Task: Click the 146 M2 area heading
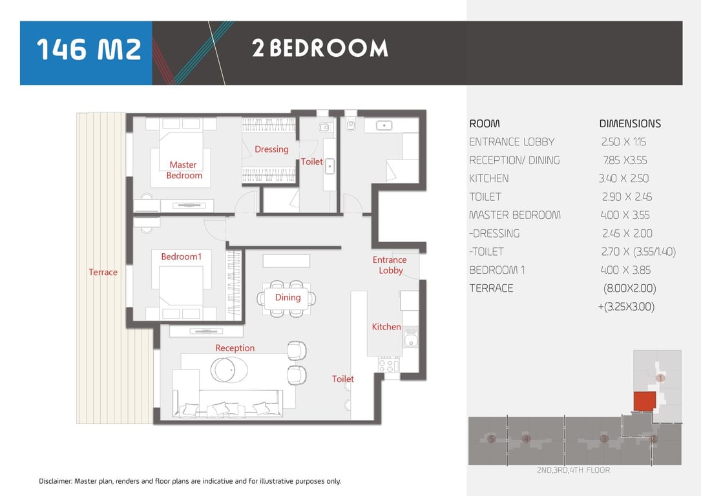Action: click(89, 49)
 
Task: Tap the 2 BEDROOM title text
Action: click(320, 48)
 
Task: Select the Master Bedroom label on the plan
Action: click(183, 170)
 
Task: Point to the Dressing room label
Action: click(271, 149)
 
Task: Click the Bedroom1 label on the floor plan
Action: click(181, 256)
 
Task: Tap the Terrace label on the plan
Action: click(103, 272)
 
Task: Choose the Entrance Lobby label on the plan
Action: click(390, 265)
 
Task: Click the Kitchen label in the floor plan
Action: click(386, 327)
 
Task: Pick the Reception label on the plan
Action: click(235, 348)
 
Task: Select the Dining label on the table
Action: click(288, 298)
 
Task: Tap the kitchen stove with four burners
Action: click(389, 364)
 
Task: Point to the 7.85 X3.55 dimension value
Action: click(625, 160)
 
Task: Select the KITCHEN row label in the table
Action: click(488, 178)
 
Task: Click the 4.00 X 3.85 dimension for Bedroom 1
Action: click(625, 270)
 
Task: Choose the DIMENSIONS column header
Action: click(630, 123)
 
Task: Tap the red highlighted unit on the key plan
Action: click(645, 401)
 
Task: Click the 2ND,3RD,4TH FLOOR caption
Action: click(573, 470)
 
